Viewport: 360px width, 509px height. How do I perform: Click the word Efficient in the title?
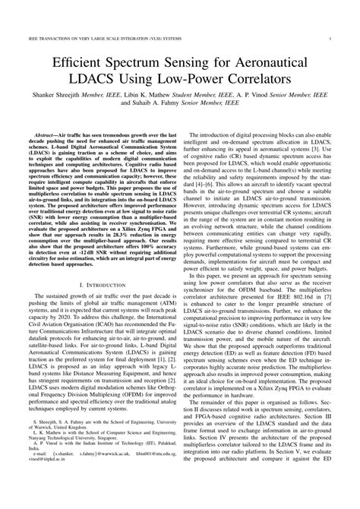pyautogui.click(x=84, y=61)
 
